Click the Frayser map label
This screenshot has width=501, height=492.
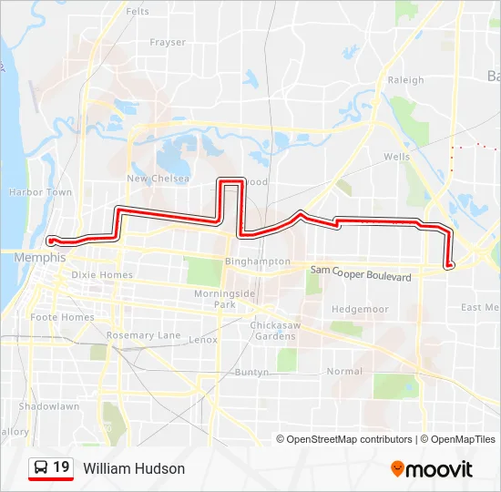pyautogui.click(x=168, y=42)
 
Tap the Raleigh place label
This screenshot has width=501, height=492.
pyautogui.click(x=405, y=80)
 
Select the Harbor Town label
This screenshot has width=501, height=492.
pyautogui.click(x=40, y=192)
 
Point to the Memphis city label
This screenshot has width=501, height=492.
pyautogui.click(x=39, y=258)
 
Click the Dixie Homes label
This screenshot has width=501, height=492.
pyautogui.click(x=102, y=275)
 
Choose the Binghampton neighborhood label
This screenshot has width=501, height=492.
pyautogui.click(x=257, y=261)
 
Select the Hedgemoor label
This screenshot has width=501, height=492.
pyautogui.click(x=360, y=310)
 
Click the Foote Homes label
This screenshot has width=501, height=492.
pyautogui.click(x=62, y=317)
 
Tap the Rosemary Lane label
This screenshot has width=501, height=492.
pyautogui.click(x=143, y=335)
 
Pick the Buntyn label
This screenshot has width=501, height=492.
pyautogui.click(x=251, y=372)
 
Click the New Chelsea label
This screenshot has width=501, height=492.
pyautogui.click(x=158, y=179)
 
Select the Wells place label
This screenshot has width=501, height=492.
pyautogui.click(x=396, y=157)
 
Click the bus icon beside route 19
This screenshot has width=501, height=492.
pyautogui.click(x=41, y=468)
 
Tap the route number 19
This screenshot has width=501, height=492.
pyautogui.click(x=61, y=467)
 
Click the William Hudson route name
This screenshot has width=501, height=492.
pyautogui.click(x=134, y=468)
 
